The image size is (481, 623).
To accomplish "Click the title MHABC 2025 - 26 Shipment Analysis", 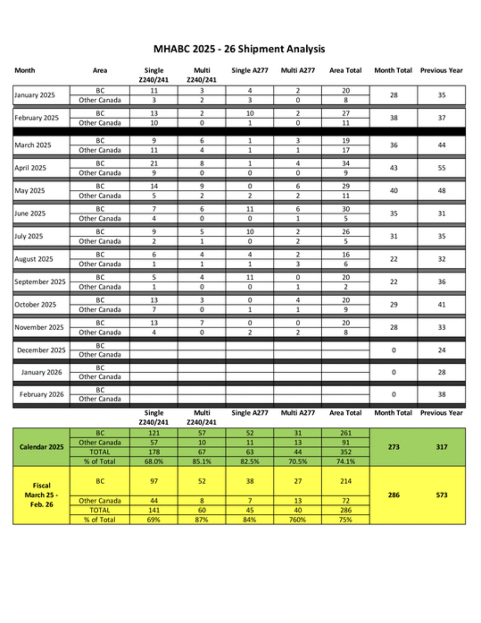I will click(239, 49).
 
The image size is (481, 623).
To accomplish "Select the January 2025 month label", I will click(34, 95).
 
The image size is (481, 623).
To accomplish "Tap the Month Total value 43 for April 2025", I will click(393, 168).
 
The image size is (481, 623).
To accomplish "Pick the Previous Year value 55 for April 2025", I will click(442, 168).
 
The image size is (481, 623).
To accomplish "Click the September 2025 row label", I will click(40, 282).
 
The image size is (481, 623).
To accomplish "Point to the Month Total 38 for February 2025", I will click(393, 118).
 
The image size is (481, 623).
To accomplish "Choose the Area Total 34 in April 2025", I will click(346, 163).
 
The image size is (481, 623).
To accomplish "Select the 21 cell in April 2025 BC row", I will click(154, 163).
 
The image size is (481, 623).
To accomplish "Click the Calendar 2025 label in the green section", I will click(42, 447).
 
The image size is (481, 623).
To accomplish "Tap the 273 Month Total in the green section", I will click(393, 447).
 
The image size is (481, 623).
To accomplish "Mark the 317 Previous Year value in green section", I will click(442, 447).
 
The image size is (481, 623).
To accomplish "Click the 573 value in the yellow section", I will click(442, 495).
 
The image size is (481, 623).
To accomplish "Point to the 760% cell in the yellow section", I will click(298, 520).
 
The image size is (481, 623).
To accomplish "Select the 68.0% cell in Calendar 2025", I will click(154, 461).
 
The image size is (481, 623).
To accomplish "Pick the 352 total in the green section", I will click(346, 452).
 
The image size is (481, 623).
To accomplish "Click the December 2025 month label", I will click(41, 350).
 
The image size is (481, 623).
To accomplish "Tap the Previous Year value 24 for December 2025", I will click(442, 350).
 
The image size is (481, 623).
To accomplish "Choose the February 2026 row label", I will click(42, 394).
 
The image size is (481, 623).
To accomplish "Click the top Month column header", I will click(25, 70).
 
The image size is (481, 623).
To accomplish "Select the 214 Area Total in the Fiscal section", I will click(346, 481).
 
